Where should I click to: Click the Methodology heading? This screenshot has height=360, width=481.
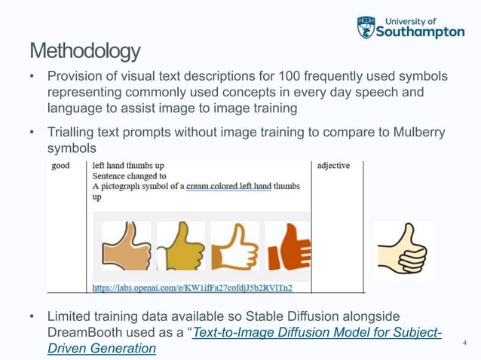[x=84, y=51]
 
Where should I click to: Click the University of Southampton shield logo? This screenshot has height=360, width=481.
[x=366, y=27]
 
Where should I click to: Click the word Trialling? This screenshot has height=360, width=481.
[x=76, y=133]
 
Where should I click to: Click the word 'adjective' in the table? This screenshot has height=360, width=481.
[x=333, y=165]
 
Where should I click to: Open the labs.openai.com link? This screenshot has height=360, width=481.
[x=192, y=287]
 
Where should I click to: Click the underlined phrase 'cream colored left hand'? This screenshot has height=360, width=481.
[x=228, y=186]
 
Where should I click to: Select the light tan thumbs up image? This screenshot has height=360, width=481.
[x=126, y=245]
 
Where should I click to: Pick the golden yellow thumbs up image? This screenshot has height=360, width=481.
[x=179, y=245]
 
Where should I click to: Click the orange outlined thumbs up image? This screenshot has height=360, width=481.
[x=234, y=245]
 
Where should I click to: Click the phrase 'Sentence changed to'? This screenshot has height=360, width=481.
[x=124, y=175]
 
